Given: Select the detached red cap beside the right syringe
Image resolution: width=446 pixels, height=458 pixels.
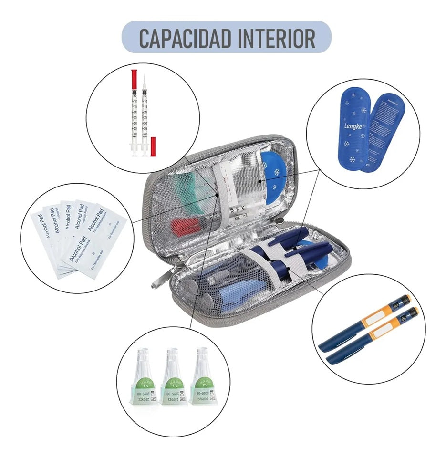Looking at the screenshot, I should (153, 147).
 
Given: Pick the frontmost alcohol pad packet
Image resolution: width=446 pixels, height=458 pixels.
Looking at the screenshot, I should (93, 243).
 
